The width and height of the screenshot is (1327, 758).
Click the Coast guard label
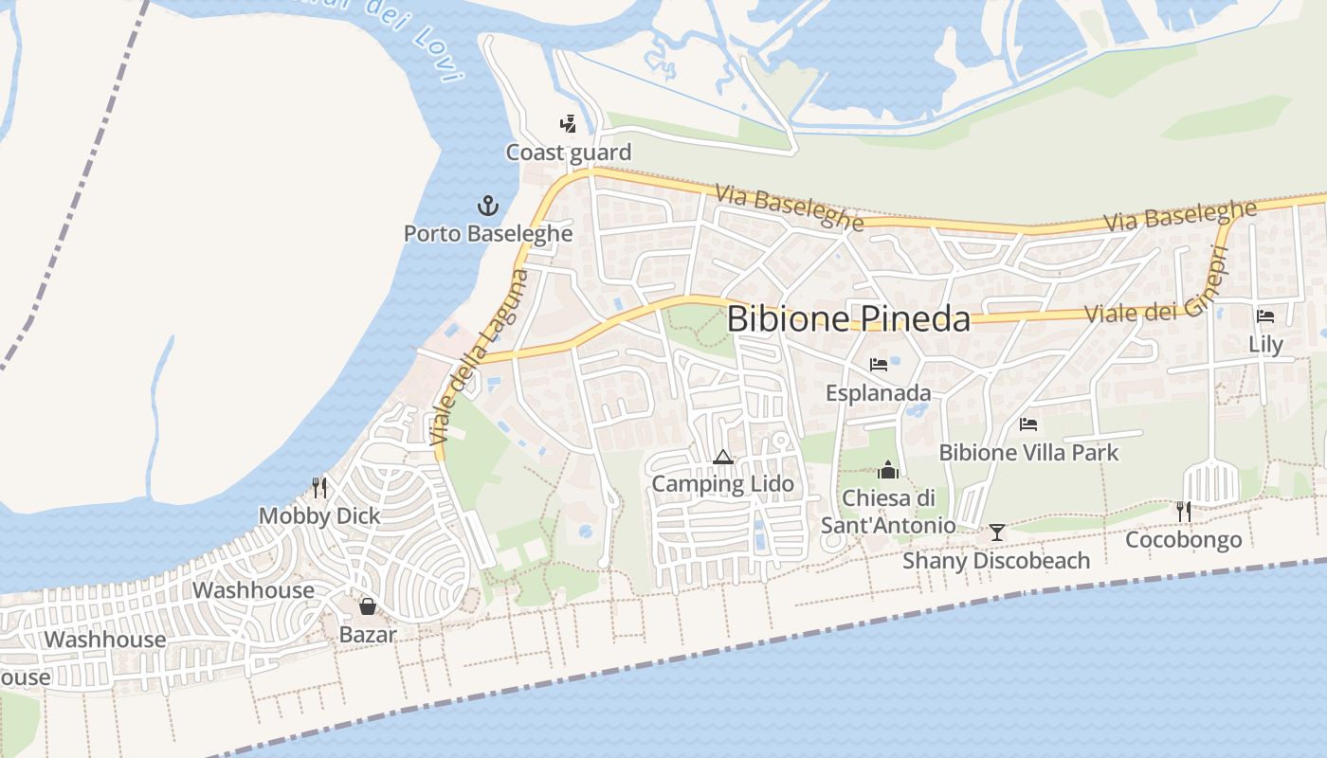pyautogui.click(x=568, y=153)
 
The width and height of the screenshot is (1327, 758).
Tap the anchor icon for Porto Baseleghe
pyautogui.click(x=487, y=205)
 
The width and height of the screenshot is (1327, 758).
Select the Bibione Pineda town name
pyautogui.click(x=848, y=319)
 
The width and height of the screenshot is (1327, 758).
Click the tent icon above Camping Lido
pyautogui.click(x=723, y=458)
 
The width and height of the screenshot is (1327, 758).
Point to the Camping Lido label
pyautogui.click(x=722, y=484)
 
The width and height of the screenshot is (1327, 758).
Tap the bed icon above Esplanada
pyautogui.click(x=879, y=365)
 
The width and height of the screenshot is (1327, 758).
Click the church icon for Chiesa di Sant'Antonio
pyautogui.click(x=888, y=469)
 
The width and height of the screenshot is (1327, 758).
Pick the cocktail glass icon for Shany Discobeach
pyautogui.click(x=996, y=532)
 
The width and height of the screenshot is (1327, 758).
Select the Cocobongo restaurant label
pyautogui.click(x=1183, y=540)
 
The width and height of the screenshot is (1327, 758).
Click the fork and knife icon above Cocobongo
pyautogui.click(x=1183, y=512)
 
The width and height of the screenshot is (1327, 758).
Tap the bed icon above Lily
pyautogui.click(x=1265, y=316)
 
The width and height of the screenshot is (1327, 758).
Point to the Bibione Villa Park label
pyautogui.click(x=1028, y=453)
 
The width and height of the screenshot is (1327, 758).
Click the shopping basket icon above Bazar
pyautogui.click(x=367, y=606)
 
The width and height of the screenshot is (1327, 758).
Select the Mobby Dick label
pyautogui.click(x=319, y=516)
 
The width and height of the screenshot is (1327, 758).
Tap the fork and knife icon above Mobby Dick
pyautogui.click(x=319, y=488)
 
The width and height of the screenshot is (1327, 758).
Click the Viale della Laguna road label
pyautogui.click(x=479, y=358)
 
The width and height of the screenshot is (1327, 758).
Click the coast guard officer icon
pyautogui.click(x=568, y=124)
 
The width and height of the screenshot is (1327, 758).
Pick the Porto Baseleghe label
pyautogui.click(x=488, y=233)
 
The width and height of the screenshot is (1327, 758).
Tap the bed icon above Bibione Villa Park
pyautogui.click(x=1028, y=424)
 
